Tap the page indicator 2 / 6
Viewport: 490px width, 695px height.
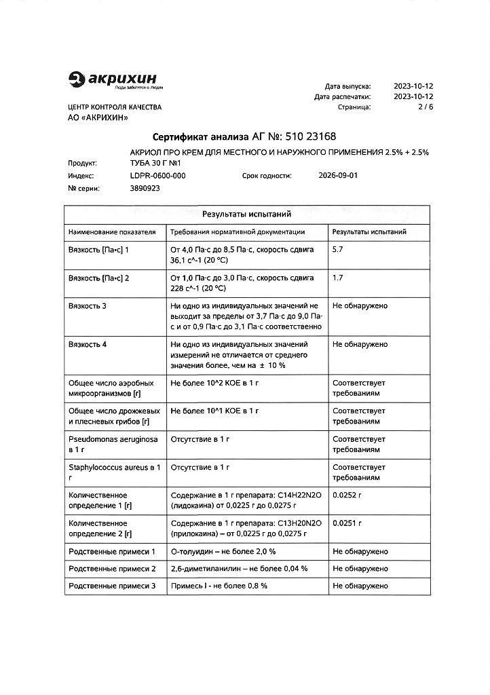425,107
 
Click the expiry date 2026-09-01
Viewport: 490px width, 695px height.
337,175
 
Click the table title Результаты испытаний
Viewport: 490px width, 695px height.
247,214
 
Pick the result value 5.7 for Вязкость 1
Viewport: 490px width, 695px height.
338,250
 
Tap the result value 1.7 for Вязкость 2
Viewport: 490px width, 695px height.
338,278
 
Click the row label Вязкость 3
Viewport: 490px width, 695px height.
88,305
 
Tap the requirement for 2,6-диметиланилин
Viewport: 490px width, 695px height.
239,568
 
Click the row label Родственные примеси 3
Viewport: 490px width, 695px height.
112,585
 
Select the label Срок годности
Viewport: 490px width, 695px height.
267,175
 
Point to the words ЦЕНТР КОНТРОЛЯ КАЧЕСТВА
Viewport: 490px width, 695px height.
115,107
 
